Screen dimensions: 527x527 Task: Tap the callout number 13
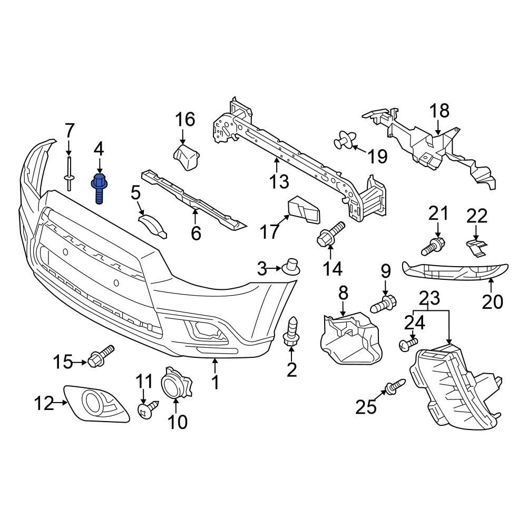[279, 182]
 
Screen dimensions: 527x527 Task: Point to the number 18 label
[439, 111]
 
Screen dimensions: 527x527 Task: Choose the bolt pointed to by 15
[101, 357]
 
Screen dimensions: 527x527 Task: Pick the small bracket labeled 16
[187, 158]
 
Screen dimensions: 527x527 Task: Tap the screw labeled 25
[395, 386]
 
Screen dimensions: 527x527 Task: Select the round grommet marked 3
[291, 267]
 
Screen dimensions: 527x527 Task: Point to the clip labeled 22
[475, 246]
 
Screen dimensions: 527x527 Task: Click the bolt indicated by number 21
[434, 245]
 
